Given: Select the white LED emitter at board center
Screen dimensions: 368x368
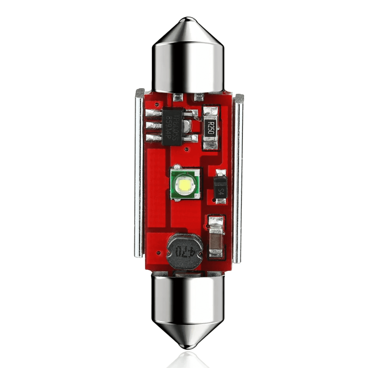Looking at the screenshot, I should point(185,184).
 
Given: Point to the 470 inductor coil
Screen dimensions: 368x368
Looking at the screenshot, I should point(179,251).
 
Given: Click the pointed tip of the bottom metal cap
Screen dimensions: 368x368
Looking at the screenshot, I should point(188,347).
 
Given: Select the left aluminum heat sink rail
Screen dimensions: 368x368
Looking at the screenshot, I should point(139,173).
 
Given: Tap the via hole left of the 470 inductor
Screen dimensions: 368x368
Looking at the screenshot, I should point(158,253).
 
